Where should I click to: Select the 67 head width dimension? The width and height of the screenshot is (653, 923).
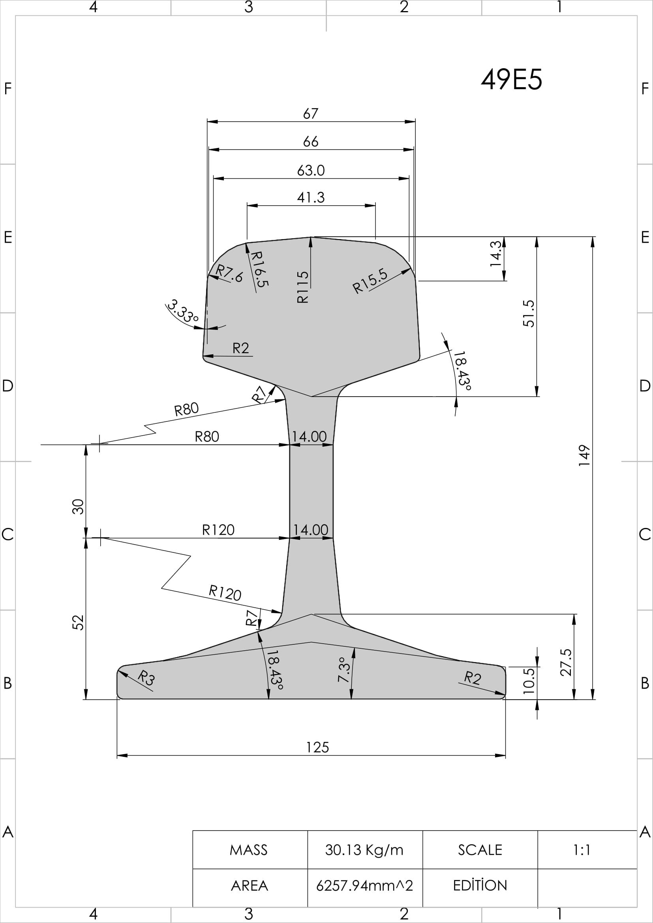pyautogui.click(x=311, y=113)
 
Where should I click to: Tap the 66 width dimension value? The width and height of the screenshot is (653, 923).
pyautogui.click(x=311, y=142)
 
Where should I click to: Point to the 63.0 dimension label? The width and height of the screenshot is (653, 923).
pyautogui.click(x=311, y=170)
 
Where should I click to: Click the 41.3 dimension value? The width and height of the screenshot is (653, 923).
pyautogui.click(x=311, y=197)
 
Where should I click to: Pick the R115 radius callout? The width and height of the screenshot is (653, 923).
pyautogui.click(x=302, y=287)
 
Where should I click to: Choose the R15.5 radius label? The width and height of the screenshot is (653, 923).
pyautogui.click(x=370, y=281)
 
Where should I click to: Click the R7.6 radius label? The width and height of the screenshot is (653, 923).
pyautogui.click(x=230, y=273)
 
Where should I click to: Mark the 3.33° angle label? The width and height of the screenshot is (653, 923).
pyautogui.click(x=183, y=311)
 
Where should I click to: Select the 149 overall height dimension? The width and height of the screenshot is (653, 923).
pyautogui.click(x=584, y=455)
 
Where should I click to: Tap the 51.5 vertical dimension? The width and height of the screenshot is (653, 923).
pyautogui.click(x=529, y=314)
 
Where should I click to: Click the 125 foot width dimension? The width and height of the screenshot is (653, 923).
pyautogui.click(x=318, y=747)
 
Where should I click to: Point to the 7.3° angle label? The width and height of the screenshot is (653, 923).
pyautogui.click(x=344, y=670)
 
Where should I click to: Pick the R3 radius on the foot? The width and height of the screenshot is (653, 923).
pyautogui.click(x=146, y=678)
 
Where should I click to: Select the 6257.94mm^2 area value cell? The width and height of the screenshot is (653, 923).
pyautogui.click(x=364, y=885)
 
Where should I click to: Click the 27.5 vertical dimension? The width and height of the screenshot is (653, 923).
pyautogui.click(x=566, y=662)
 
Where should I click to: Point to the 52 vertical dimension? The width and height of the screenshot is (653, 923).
pyautogui.click(x=78, y=622)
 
